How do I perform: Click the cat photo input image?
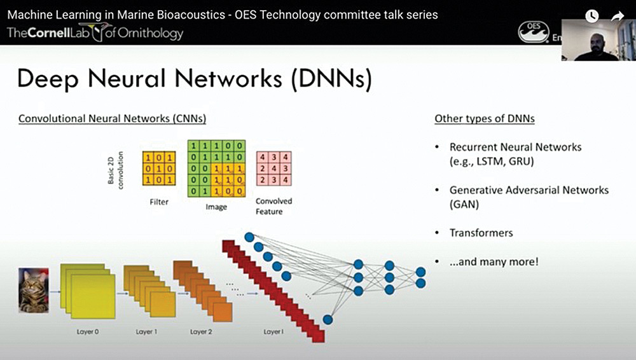[x=33, y=290]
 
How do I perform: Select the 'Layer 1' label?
[x=146, y=332]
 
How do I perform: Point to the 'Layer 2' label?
[x=202, y=332]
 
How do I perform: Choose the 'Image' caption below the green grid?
[x=216, y=207]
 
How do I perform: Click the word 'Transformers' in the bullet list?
[x=481, y=233]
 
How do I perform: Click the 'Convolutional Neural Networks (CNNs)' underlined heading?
[x=112, y=118]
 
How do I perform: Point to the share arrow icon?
[x=618, y=17]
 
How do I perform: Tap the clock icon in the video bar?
[x=592, y=17]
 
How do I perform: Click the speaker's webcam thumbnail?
[x=598, y=39]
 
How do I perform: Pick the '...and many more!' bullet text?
[x=494, y=261]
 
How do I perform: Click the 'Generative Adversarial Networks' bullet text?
[x=529, y=190]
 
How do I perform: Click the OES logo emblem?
[x=533, y=32]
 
